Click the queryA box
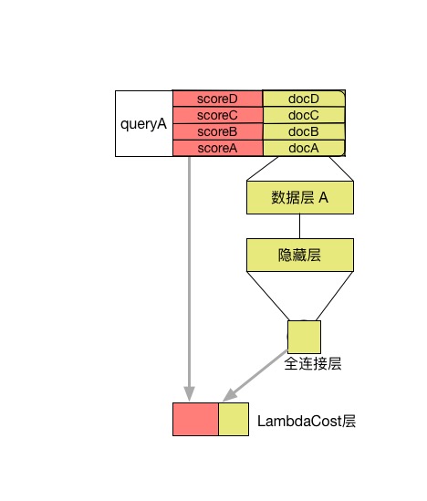coord(144,123)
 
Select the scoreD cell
coord(217,99)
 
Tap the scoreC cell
coord(217,115)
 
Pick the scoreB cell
coord(217,131)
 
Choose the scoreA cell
coord(217,148)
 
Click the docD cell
coord(304,99)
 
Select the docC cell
coord(304,115)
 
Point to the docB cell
coord(304,131)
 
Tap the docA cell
coord(304,148)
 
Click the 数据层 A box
coord(300,197)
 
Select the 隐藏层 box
coord(300,255)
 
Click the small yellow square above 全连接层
coord(304,337)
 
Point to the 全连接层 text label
coord(313,363)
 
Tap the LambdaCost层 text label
coord(307,421)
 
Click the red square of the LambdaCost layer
coord(196,419)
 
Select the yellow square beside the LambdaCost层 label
coord(234,419)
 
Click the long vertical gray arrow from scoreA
coord(190,278)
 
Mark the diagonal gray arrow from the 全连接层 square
coord(255,376)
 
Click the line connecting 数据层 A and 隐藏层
coord(299,226)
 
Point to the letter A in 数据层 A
coord(323,197)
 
